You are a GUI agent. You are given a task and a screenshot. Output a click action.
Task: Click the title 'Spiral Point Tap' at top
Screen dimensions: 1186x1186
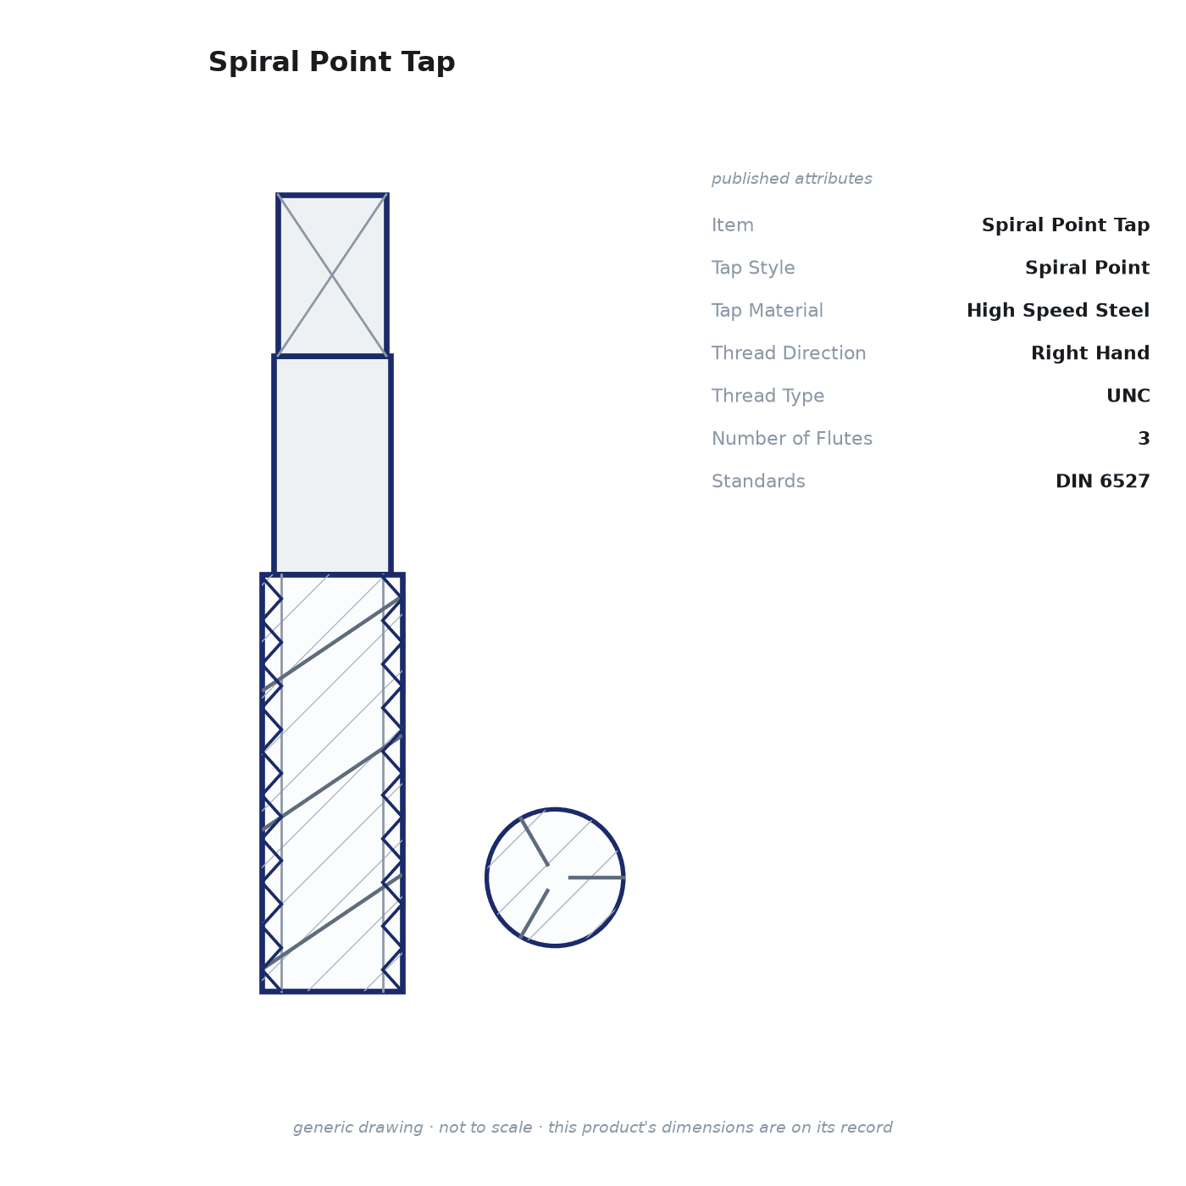pyautogui.click(x=331, y=63)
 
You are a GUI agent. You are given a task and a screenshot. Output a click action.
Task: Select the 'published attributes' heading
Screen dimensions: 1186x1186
pyautogui.click(x=791, y=179)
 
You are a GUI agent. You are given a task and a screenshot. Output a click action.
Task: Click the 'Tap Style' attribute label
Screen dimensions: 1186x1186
pyautogui.click(x=753, y=269)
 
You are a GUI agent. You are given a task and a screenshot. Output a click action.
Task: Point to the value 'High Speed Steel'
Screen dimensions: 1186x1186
pyautogui.click(x=1057, y=310)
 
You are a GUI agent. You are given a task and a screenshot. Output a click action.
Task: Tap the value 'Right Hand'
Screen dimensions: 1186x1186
pyautogui.click(x=1090, y=353)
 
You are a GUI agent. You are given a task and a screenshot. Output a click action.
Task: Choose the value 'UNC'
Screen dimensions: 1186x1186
pyautogui.click(x=1128, y=396)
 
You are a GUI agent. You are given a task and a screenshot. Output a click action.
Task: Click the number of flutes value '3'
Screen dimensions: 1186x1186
pyautogui.click(x=1144, y=439)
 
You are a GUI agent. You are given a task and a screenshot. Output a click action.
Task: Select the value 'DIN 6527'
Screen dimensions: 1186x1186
pyautogui.click(x=1102, y=481)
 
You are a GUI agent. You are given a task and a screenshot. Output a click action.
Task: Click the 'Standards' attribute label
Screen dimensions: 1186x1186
pyautogui.click(x=758, y=481)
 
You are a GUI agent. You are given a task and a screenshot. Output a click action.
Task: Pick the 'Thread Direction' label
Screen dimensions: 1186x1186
pyautogui.click(x=789, y=353)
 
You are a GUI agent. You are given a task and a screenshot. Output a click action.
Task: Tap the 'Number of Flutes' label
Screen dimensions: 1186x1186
pyautogui.click(x=791, y=439)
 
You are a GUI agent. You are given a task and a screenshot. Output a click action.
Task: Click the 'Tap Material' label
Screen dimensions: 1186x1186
pyautogui.click(x=767, y=311)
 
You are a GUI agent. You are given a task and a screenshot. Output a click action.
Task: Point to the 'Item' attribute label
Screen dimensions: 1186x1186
pyautogui.click(x=733, y=225)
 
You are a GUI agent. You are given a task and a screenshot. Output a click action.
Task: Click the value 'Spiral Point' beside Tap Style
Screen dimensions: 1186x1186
pyautogui.click(x=1087, y=269)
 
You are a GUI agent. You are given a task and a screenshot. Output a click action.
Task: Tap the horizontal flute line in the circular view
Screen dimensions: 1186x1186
pyautogui.click(x=596, y=878)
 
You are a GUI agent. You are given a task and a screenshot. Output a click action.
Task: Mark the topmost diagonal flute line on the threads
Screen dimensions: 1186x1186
pyautogui.click(x=332, y=645)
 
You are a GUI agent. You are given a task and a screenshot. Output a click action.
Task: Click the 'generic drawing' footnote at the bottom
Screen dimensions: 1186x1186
pyautogui.click(x=592, y=1128)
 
